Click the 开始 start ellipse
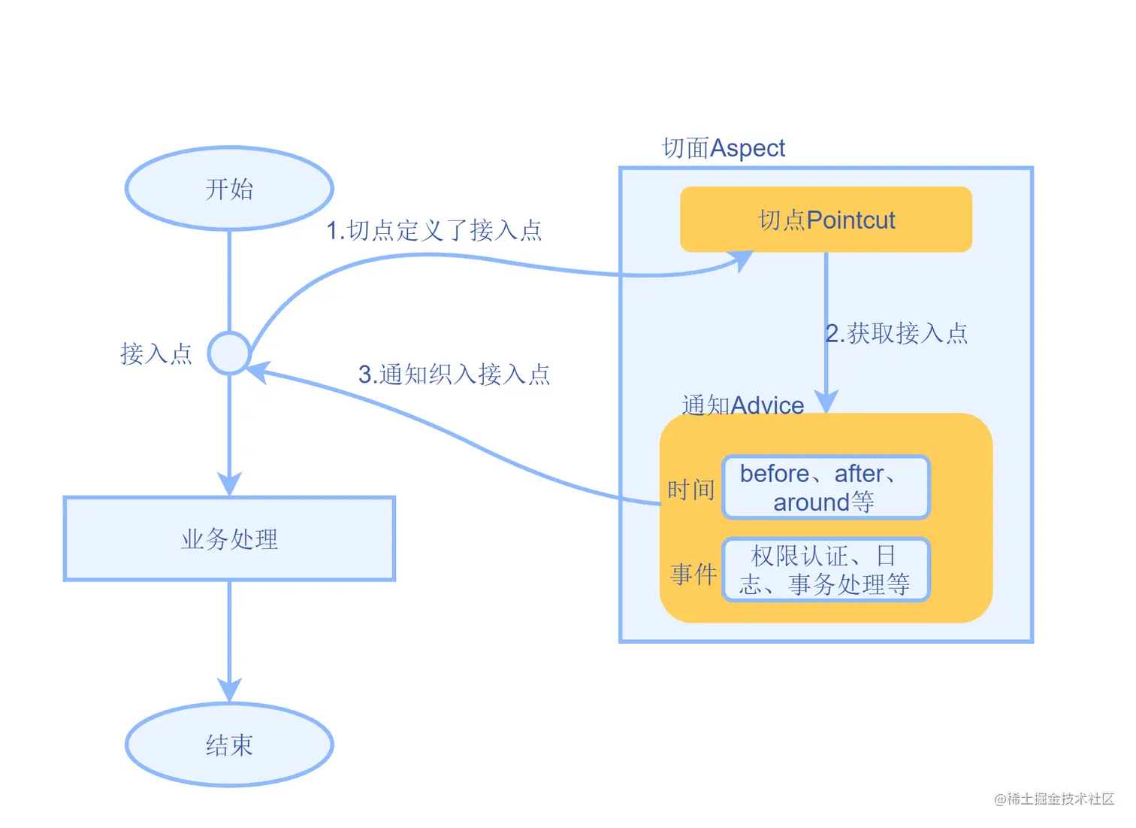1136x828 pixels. [229, 188]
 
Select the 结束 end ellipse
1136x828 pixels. [229, 745]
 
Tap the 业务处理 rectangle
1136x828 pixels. [229, 538]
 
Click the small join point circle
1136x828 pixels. [229, 353]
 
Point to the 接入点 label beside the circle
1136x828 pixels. [156, 353]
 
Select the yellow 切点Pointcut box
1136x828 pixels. [826, 220]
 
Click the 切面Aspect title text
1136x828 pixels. [724, 148]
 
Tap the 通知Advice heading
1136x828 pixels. [742, 405]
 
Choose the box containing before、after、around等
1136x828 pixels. [826, 487]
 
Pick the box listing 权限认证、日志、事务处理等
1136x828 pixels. [826, 569]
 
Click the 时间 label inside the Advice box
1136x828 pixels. [690, 490]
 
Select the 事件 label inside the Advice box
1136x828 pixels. [693, 574]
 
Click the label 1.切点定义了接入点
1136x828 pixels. [434, 230]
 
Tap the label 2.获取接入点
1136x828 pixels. [896, 332]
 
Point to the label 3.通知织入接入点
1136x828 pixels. [454, 374]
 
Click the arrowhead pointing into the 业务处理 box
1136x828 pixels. [229, 484]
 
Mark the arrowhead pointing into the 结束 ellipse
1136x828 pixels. [229, 690]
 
